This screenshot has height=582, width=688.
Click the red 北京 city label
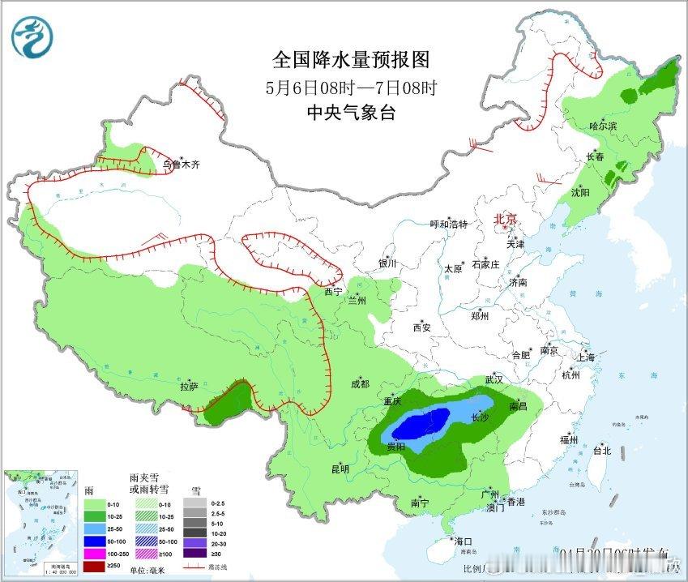[x=506, y=219]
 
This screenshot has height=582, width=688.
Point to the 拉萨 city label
[x=189, y=387]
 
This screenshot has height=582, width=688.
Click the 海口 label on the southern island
[x=463, y=541]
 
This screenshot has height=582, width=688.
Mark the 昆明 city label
[x=340, y=469]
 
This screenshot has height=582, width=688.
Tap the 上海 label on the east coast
[x=585, y=357]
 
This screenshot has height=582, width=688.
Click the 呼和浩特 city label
[x=448, y=225]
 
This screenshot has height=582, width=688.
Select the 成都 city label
[x=361, y=384]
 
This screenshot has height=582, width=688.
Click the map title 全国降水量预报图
[x=349, y=59]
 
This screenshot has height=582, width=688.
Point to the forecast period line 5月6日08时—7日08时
[x=349, y=87]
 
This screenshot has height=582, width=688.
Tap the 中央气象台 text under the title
[x=349, y=113]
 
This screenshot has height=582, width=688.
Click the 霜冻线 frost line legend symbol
[x=194, y=567]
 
